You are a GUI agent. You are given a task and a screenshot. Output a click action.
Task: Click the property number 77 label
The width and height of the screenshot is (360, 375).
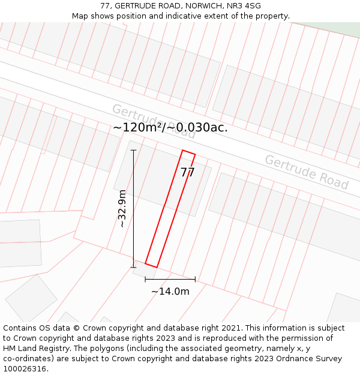[x=188, y=173]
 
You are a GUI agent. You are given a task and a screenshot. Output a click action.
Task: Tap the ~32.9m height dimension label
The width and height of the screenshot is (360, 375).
[x=122, y=208]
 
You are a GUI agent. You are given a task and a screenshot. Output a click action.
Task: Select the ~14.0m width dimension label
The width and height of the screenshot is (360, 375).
[x=170, y=292]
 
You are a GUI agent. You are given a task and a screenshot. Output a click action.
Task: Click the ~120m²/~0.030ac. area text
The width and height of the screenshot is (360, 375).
[x=170, y=127]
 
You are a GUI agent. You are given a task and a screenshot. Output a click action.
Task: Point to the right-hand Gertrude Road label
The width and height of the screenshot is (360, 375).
[x=306, y=172]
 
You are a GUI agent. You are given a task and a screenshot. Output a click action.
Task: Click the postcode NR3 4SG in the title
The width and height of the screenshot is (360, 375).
[x=244, y=6]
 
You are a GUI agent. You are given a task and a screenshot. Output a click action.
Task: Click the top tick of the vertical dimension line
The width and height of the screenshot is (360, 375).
[x=133, y=150]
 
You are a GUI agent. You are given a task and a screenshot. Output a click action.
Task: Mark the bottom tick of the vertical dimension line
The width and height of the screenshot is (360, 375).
[x=133, y=268]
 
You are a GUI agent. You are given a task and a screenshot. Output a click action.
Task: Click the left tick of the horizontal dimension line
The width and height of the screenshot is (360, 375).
[x=145, y=279]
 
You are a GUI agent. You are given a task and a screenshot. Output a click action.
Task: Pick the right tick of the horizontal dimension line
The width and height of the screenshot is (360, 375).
[x=195, y=279]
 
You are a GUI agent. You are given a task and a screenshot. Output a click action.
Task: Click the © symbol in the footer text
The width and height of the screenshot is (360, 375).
[x=76, y=328]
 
